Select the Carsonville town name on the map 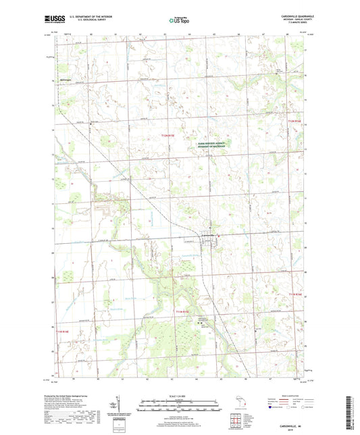point(210,234)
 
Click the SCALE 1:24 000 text point(179,395)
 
